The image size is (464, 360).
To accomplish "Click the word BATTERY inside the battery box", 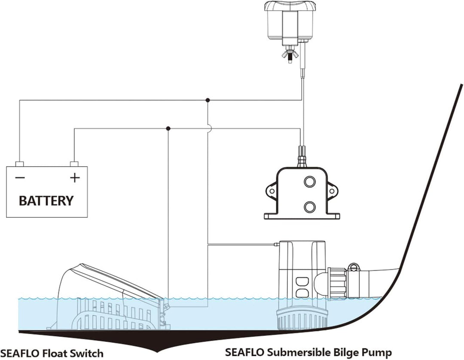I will [46, 200].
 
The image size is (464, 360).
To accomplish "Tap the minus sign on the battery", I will [20, 177].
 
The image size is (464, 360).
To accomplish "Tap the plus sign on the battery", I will [75, 177].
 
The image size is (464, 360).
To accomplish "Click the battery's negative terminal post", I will [19, 164].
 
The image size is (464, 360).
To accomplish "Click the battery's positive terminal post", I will [74, 164].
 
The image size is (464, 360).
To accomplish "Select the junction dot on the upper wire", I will [208, 100].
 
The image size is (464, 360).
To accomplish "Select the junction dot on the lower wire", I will [168, 128].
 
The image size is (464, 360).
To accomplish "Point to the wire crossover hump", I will [208, 128].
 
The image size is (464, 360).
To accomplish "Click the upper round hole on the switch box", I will [309, 183].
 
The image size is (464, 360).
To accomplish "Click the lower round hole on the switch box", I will [309, 207].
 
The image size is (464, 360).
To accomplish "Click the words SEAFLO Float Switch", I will [52, 353].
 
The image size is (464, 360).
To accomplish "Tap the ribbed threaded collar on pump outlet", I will [338, 282].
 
